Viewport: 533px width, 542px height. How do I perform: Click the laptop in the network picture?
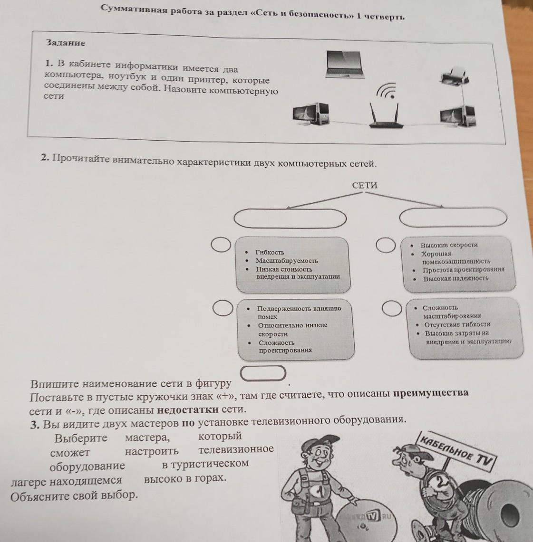click(345, 64)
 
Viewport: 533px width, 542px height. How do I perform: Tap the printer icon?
click(454, 76)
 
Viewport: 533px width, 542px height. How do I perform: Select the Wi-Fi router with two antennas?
click(385, 116)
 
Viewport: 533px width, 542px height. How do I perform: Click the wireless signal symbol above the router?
click(387, 91)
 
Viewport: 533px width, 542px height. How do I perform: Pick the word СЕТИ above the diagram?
click(365, 185)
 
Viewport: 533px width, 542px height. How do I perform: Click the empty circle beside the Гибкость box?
click(221, 245)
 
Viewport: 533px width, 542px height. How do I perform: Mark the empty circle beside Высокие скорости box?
click(386, 245)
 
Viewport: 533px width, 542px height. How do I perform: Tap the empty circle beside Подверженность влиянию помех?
click(223, 308)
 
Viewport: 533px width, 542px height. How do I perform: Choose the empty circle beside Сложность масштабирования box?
click(392, 308)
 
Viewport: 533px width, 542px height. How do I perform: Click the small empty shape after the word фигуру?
click(263, 373)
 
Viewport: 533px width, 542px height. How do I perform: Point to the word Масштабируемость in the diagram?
click(287, 261)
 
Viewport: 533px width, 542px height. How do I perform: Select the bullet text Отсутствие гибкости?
click(457, 324)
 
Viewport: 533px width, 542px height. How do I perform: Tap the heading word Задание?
click(65, 43)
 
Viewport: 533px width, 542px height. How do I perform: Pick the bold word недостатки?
click(188, 410)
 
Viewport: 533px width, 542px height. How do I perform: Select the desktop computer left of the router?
click(310, 114)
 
